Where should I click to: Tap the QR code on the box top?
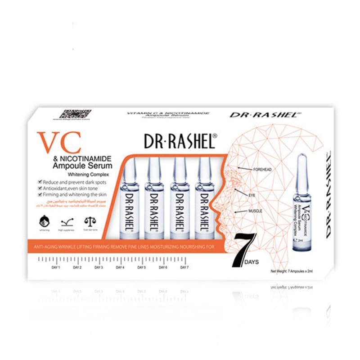[x=76, y=114]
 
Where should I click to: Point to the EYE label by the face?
[x=252, y=196]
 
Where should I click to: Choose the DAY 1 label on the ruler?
[x=56, y=267]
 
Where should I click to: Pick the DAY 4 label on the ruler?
[x=120, y=267]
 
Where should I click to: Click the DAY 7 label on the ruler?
[x=184, y=267]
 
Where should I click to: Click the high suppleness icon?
[x=67, y=222]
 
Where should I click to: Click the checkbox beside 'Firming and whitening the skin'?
[x=40, y=194]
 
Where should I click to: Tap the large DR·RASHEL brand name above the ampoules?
[x=181, y=141]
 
